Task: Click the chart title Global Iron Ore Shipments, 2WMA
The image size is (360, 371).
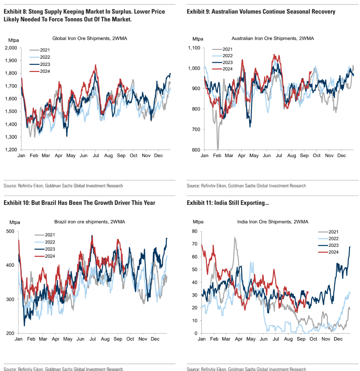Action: (x=89, y=38)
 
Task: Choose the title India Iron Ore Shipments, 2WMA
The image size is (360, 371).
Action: (x=272, y=222)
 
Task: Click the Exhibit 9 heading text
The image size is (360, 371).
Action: (x=261, y=12)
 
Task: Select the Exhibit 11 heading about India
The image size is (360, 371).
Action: (x=228, y=203)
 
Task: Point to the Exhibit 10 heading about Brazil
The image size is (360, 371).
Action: (x=79, y=203)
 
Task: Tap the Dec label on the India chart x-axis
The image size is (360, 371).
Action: (x=338, y=339)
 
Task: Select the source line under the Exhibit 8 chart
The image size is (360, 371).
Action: (x=63, y=186)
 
